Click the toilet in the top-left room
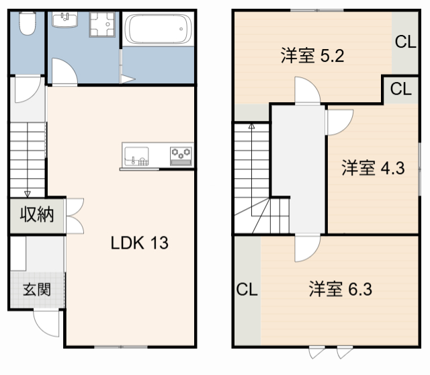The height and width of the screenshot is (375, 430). pos(28,25)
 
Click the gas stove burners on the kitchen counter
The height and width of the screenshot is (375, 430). pos(181,154)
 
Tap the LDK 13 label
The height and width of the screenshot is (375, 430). pos(139,243)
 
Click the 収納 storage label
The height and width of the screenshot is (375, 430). pos(36,216)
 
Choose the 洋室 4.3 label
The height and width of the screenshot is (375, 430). pos(372,168)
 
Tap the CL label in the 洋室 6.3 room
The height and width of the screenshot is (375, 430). pos(247,290)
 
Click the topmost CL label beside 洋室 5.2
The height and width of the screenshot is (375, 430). pos(405,42)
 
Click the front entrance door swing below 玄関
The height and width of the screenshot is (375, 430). pos(48,325)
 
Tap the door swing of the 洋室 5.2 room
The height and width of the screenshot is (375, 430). pos(306,91)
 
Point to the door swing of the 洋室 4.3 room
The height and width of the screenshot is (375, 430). pos(338,121)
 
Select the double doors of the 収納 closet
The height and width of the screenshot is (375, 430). pos(75,215)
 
